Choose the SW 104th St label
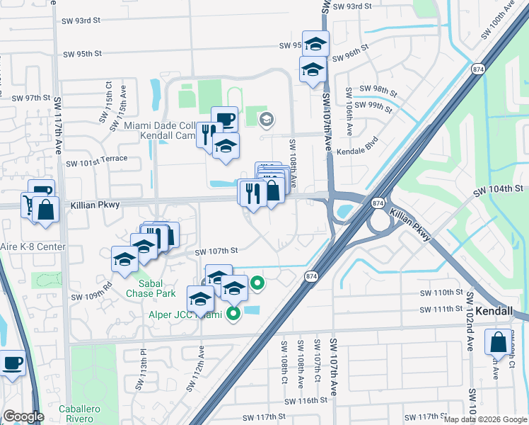(x=499, y=189)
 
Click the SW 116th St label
(x=307, y=399)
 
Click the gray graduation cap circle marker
(x=266, y=118)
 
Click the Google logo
(x=23, y=416)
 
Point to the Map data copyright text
(x=486, y=419)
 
